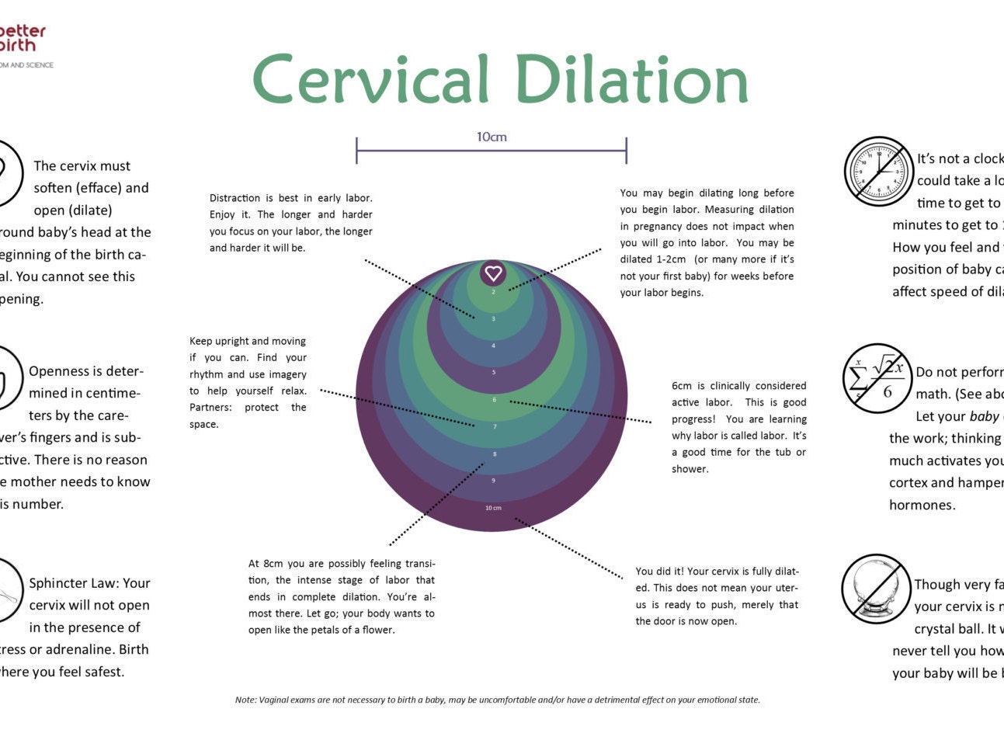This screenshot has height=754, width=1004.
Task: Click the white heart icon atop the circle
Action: pyautogui.click(x=493, y=273)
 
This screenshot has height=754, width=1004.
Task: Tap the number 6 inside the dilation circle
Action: pyautogui.click(x=494, y=400)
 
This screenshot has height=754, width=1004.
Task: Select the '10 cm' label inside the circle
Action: pyautogui.click(x=493, y=508)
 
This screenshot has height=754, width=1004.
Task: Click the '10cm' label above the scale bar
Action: pyautogui.click(x=492, y=137)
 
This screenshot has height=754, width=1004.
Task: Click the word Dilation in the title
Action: pyautogui.click(x=631, y=80)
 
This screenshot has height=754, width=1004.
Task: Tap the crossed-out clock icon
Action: pyautogui.click(x=878, y=172)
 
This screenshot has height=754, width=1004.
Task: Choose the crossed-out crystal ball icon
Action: pyautogui.click(x=876, y=589)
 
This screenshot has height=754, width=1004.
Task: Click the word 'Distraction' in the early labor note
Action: pyautogui.click(x=235, y=198)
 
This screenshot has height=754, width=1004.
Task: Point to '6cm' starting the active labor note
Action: pyautogui.click(x=682, y=386)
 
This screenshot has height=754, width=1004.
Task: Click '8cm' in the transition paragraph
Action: pyautogui.click(x=273, y=564)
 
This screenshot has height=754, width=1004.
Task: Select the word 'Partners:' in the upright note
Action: pyautogui.click(x=211, y=408)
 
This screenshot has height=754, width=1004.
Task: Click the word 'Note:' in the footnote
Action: pyautogui.click(x=245, y=700)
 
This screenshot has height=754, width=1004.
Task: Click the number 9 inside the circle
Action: pyautogui.click(x=493, y=481)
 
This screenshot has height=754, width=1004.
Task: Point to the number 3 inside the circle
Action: pyautogui.click(x=493, y=318)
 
